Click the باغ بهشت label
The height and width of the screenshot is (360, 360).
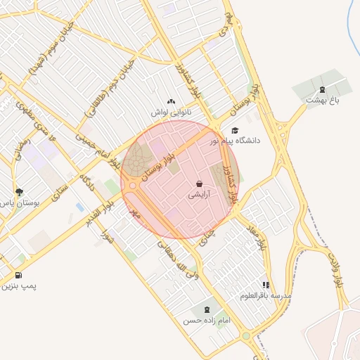click(x=322, y=101)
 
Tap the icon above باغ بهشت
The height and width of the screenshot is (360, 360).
click(x=322, y=89)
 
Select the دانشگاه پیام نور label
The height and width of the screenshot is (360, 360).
click(x=234, y=141)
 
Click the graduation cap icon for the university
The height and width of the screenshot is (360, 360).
click(x=235, y=130)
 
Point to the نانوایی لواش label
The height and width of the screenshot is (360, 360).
click(x=170, y=112)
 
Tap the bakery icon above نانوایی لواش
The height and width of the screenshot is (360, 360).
click(x=171, y=102)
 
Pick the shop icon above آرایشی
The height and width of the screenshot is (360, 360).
click(x=200, y=184)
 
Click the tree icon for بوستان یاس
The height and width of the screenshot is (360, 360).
click(x=19, y=192)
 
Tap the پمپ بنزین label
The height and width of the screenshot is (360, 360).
click(x=18, y=286)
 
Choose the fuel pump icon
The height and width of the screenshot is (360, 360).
click(x=18, y=275)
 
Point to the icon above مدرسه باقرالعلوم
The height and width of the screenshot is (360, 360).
click(x=266, y=285)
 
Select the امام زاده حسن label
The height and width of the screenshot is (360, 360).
click(x=207, y=320)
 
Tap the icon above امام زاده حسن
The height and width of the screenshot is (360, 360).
click(x=207, y=309)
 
